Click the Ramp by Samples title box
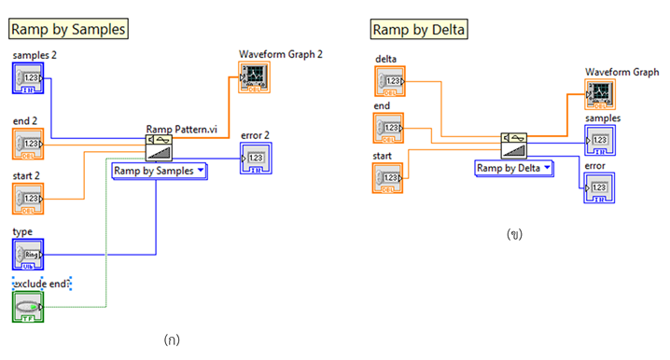point(67,29)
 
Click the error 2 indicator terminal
point(255,159)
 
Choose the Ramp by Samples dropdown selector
point(160,171)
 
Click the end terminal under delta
point(390,126)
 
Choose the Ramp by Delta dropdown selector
point(513,168)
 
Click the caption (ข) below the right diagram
point(513,234)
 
